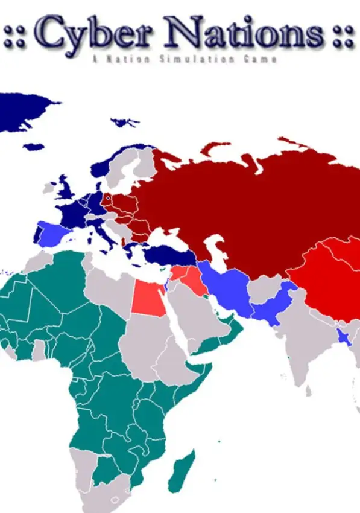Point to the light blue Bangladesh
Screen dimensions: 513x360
point(345,337)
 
